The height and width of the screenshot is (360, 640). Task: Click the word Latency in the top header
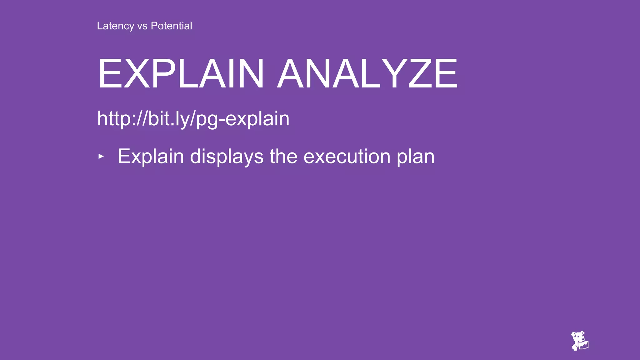point(115,26)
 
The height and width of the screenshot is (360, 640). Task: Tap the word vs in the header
point(142,26)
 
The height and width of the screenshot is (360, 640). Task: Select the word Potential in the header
point(171,26)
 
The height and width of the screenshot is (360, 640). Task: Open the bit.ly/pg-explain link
point(193,119)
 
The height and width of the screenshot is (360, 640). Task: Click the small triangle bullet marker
point(101,156)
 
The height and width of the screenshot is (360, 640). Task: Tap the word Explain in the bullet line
point(151,157)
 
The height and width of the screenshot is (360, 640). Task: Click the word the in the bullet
point(283,156)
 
